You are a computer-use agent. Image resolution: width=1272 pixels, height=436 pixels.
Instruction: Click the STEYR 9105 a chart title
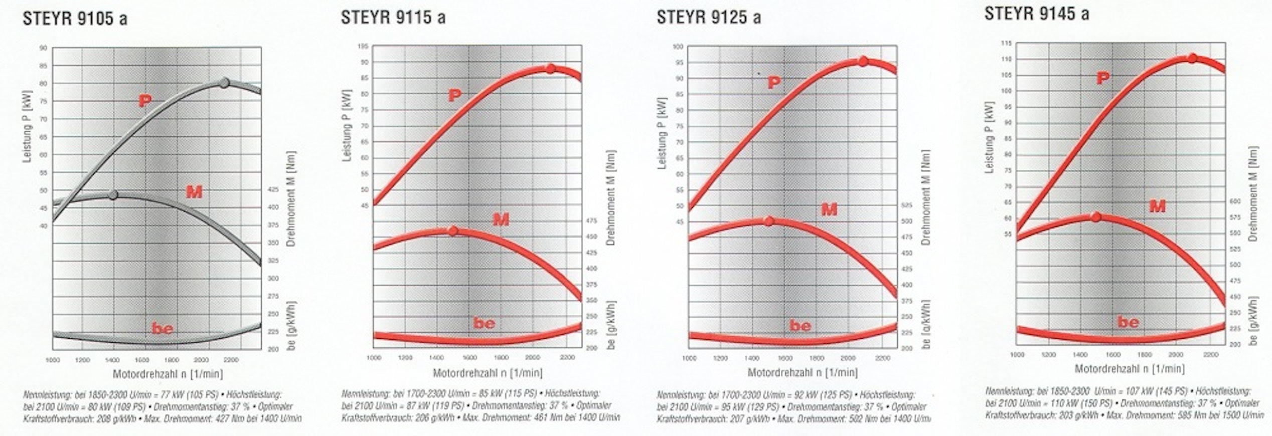point(75,19)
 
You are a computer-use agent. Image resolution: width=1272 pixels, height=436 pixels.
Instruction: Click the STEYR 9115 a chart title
point(393,18)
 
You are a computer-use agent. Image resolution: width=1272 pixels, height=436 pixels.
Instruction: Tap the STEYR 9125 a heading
point(708,18)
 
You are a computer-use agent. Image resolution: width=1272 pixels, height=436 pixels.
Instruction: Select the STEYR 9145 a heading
point(1036,14)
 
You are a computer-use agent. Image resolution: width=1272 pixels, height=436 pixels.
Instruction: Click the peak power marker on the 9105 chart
point(225,83)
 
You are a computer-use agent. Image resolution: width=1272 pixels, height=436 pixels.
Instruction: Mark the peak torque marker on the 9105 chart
point(113,195)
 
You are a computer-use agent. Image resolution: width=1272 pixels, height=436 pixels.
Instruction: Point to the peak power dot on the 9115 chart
point(550,69)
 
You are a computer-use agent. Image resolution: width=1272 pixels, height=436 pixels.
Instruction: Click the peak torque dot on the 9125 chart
point(769,221)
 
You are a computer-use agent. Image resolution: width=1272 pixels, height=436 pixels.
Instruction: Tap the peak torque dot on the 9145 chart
point(1096,217)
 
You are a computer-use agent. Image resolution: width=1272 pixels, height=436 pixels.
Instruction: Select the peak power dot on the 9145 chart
point(1192,59)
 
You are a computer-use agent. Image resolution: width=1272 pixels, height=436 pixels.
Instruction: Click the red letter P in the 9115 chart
point(454,95)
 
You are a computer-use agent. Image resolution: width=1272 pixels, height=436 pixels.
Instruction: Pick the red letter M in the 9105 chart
point(194,191)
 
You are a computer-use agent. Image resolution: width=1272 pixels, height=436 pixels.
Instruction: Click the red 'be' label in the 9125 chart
point(800,326)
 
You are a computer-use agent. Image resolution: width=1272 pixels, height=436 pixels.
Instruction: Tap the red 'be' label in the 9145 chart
point(1128,322)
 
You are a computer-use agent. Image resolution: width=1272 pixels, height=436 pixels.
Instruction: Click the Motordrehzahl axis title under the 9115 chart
point(488,373)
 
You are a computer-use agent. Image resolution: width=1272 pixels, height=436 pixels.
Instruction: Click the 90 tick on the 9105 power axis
point(44,48)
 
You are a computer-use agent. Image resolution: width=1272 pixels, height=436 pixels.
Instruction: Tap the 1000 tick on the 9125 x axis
point(689,358)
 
